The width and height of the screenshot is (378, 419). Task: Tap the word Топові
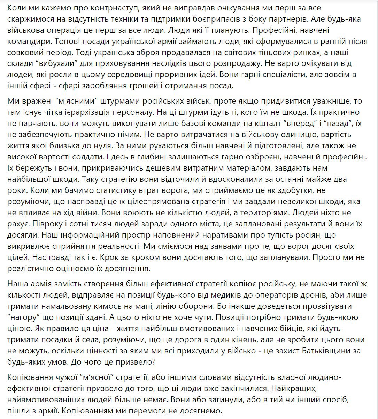click(x=66, y=42)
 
